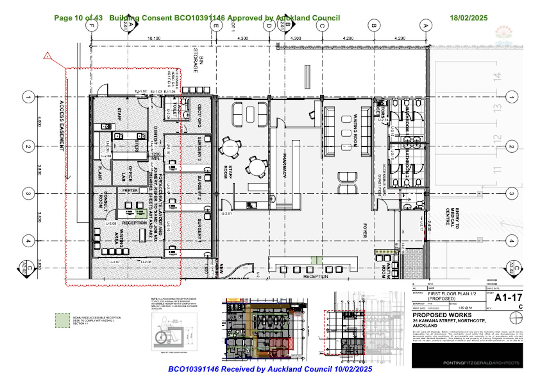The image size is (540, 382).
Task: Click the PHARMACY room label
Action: pyautogui.click(x=284, y=165)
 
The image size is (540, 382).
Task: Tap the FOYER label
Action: pyautogui.click(x=365, y=231)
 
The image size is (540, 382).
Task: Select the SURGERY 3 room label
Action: pyautogui.click(x=199, y=148)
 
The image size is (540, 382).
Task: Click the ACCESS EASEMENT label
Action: pyautogui.click(x=61, y=126)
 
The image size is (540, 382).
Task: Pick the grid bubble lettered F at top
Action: pyautogui.click(x=91, y=26)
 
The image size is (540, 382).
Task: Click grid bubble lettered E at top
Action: pyautogui.click(x=216, y=26)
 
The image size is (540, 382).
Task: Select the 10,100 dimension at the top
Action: pyautogui.click(x=154, y=38)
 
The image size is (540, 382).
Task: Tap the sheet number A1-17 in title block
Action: pyautogui.click(x=508, y=298)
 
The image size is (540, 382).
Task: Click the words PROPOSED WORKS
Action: pyautogui.click(x=442, y=315)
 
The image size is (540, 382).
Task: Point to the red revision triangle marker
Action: pyautogui.click(x=47, y=56)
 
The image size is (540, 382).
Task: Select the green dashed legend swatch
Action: pyautogui.click(x=62, y=321)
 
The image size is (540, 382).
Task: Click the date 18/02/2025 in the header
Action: pyautogui.click(x=468, y=18)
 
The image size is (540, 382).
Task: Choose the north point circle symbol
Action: pyautogui.click(x=516, y=318)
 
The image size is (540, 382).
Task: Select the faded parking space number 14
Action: pyautogui.click(x=497, y=77)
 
